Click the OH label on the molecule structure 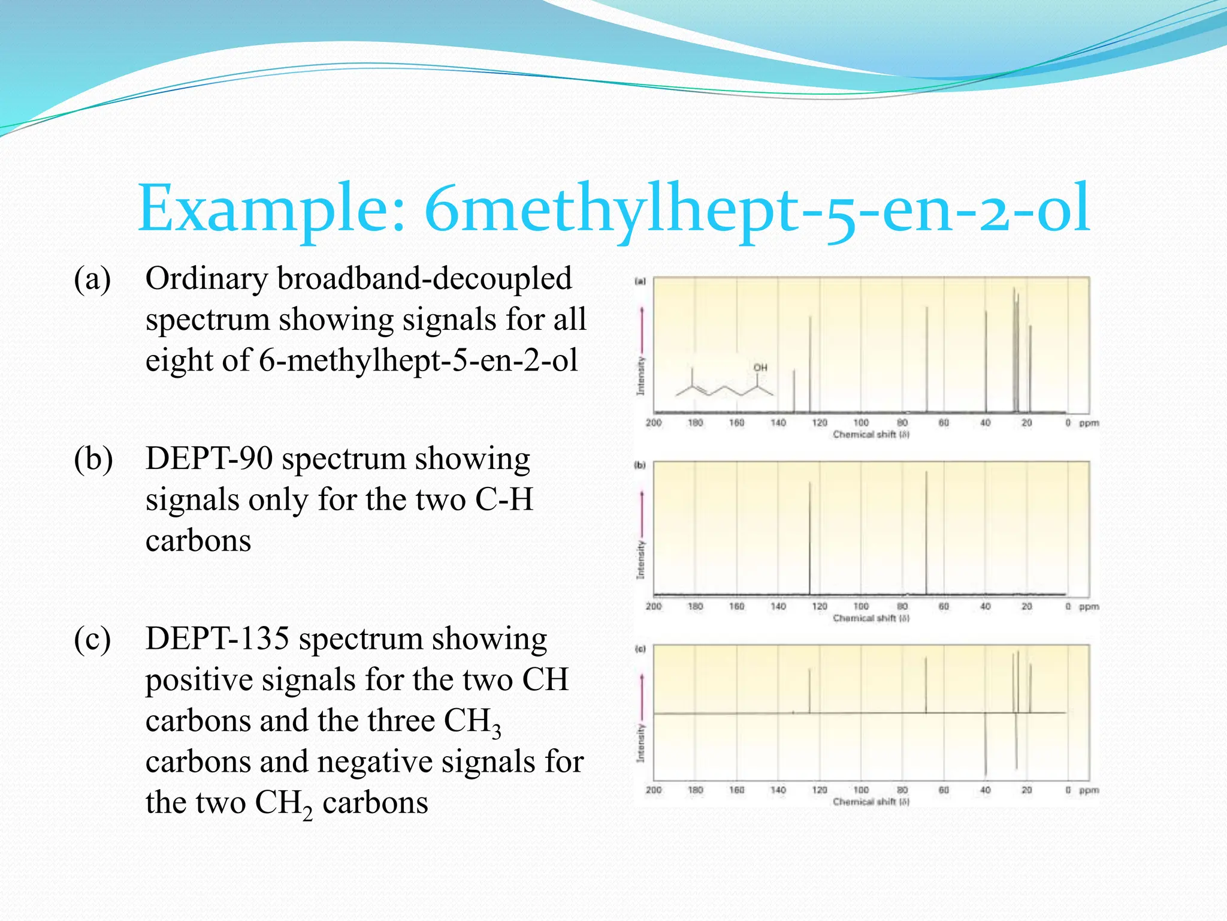[x=760, y=368]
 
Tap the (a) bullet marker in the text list [x=92, y=279]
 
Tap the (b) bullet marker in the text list [x=93, y=460]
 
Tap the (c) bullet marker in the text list [x=92, y=640]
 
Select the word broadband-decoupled [x=424, y=279]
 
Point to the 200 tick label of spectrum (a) [x=653, y=423]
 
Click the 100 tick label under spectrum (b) [x=861, y=606]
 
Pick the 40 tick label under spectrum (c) [x=985, y=790]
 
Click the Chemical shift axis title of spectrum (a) [x=871, y=434]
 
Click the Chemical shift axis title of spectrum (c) [x=871, y=801]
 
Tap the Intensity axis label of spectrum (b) [x=640, y=559]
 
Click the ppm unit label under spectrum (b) [x=1089, y=606]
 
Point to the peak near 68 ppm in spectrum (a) [x=927, y=360]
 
